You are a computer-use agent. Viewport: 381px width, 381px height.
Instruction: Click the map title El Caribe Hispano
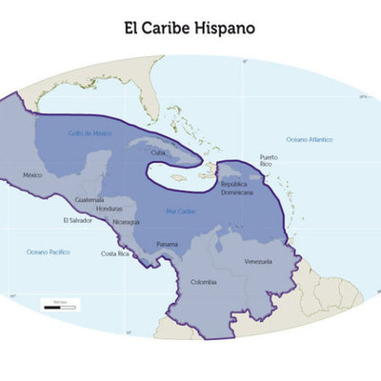click(x=190, y=28)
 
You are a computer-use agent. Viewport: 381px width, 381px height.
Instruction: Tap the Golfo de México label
click(x=90, y=133)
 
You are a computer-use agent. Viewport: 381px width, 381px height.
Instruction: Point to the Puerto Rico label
click(x=269, y=160)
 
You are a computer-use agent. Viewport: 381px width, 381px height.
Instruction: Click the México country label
click(x=34, y=175)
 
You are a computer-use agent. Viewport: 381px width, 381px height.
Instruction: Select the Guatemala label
click(x=90, y=200)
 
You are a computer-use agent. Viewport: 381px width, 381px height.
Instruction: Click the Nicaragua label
click(x=126, y=222)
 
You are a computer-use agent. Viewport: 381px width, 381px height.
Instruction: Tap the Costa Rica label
click(x=115, y=253)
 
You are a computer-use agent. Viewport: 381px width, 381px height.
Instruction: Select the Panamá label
click(x=168, y=245)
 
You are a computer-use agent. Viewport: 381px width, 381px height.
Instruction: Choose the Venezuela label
click(x=258, y=261)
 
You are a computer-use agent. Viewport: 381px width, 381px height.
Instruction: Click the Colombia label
click(x=204, y=282)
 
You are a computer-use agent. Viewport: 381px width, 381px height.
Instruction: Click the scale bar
click(x=59, y=304)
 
